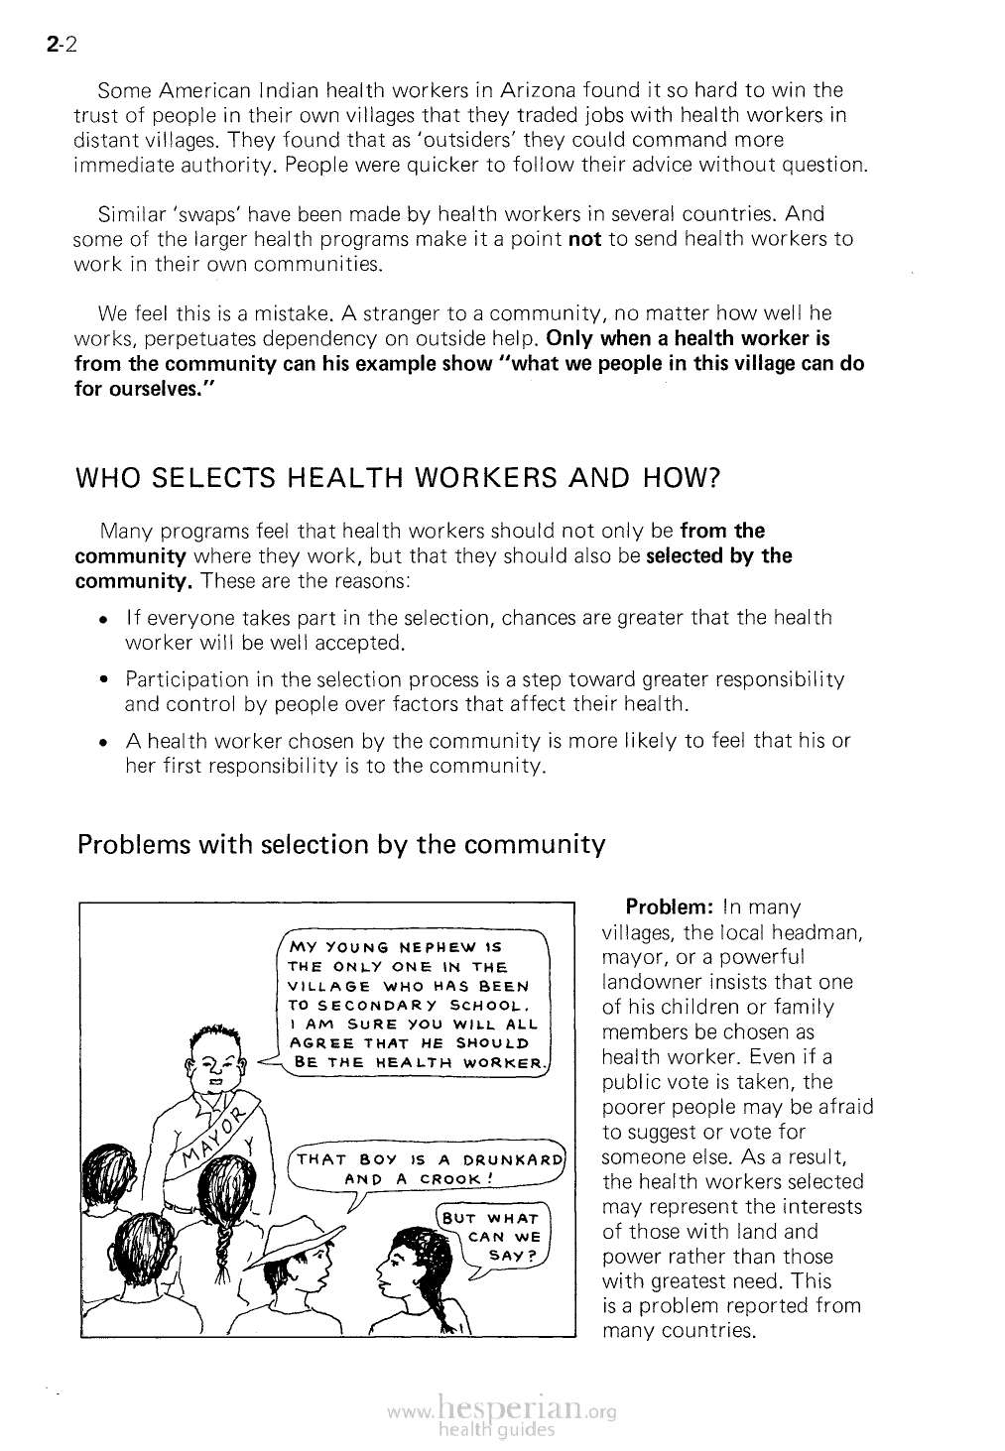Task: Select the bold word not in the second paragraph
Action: pos(584,239)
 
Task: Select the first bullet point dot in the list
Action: pos(103,619)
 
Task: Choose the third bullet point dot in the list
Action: pos(103,742)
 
